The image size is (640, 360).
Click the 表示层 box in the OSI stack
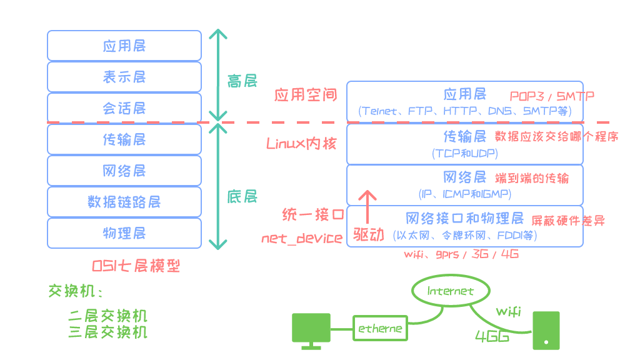coord(124,77)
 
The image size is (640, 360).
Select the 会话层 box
coord(124,108)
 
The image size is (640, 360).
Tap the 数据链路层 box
coord(124,202)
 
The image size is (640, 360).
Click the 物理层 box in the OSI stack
coord(124,233)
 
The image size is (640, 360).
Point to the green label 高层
coord(242,81)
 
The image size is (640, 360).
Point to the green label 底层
coord(242,197)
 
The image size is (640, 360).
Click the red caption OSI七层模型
coord(136,266)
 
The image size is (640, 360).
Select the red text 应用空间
coord(306,95)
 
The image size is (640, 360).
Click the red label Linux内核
coord(301,143)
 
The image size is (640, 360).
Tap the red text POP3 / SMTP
coord(552,96)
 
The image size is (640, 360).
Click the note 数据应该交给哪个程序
coord(556,136)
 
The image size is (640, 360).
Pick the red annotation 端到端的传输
coord(532,177)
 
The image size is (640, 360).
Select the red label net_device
coord(302,238)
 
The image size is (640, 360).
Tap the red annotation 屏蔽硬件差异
coord(567,220)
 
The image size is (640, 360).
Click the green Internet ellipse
coord(450,291)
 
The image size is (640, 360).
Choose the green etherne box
coord(379,328)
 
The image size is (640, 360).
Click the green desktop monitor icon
coord(311,331)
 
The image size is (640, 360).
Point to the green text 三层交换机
coord(107,331)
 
